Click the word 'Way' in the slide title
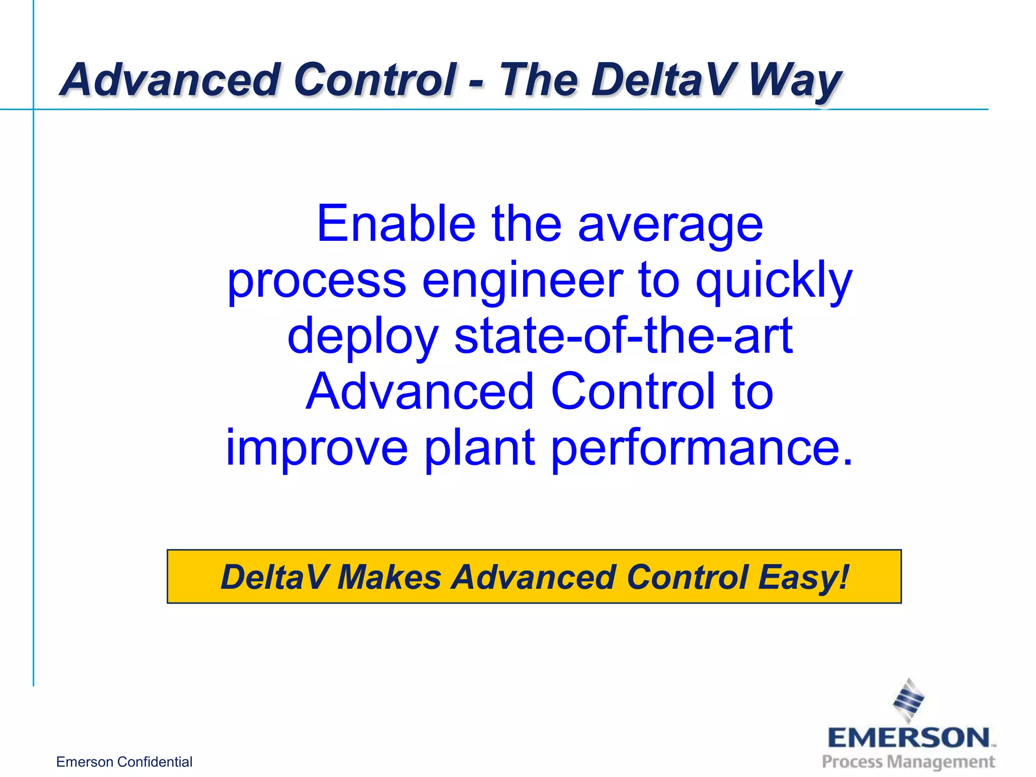(x=794, y=81)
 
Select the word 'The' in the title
(x=538, y=80)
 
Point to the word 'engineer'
(x=523, y=281)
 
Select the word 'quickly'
(x=774, y=281)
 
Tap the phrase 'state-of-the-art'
(x=623, y=336)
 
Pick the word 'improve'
(x=317, y=448)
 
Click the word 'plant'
(x=480, y=448)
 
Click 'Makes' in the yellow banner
(x=390, y=577)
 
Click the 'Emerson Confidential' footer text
(x=124, y=762)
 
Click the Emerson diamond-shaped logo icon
(x=909, y=700)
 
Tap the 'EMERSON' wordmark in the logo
(x=909, y=738)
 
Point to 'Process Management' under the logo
(x=909, y=762)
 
